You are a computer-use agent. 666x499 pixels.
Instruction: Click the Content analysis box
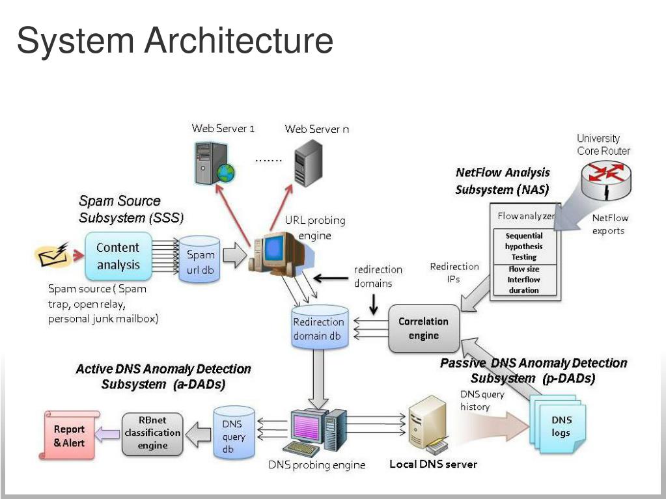(x=118, y=256)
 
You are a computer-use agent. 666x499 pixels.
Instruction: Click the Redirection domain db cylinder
(x=318, y=329)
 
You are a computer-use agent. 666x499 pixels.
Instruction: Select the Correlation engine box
(x=423, y=328)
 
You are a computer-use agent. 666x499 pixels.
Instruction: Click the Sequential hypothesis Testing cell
(x=524, y=247)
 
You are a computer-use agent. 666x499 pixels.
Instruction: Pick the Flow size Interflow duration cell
(x=524, y=280)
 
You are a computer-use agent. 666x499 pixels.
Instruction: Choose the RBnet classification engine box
(x=153, y=433)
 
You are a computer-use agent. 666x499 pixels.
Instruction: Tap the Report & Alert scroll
(x=70, y=435)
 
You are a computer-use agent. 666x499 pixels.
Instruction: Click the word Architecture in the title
(x=239, y=40)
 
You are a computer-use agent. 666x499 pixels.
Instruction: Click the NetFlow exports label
(x=609, y=224)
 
